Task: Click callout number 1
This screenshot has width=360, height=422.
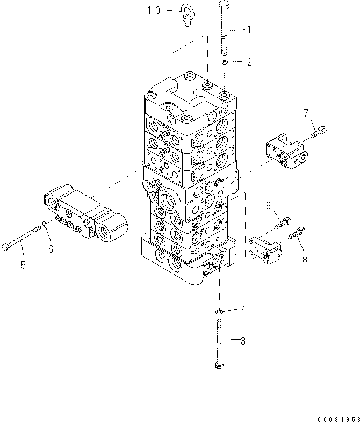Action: tap(249, 30)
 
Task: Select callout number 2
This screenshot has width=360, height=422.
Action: tap(249, 62)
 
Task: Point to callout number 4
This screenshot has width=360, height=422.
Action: tap(243, 309)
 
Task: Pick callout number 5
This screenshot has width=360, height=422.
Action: tap(23, 264)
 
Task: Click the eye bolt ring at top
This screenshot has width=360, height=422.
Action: tap(188, 11)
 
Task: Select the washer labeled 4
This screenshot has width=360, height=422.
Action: tap(219, 311)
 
